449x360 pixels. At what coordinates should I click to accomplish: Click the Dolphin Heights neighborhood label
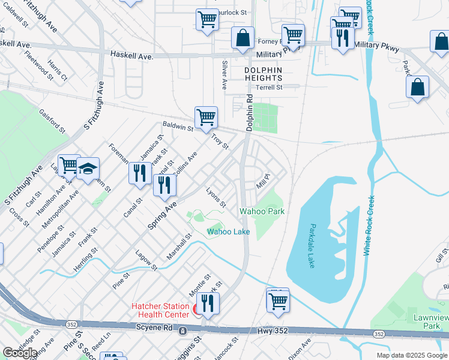coord(263,74)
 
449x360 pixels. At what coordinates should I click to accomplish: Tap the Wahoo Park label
coord(262,212)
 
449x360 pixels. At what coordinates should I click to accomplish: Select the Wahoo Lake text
coord(228,232)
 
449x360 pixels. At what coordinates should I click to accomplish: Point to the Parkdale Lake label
coord(312,246)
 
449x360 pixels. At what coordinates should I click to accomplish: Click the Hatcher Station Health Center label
coord(161,310)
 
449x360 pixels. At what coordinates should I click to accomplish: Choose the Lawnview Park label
coord(427,321)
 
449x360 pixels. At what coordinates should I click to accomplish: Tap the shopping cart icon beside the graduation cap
coord(68,164)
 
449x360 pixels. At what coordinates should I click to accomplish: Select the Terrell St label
coord(269,87)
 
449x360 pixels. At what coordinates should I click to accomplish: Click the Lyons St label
coord(215,197)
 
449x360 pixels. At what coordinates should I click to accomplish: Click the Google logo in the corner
coord(20,353)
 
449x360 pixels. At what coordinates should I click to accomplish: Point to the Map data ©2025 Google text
coord(411,355)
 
